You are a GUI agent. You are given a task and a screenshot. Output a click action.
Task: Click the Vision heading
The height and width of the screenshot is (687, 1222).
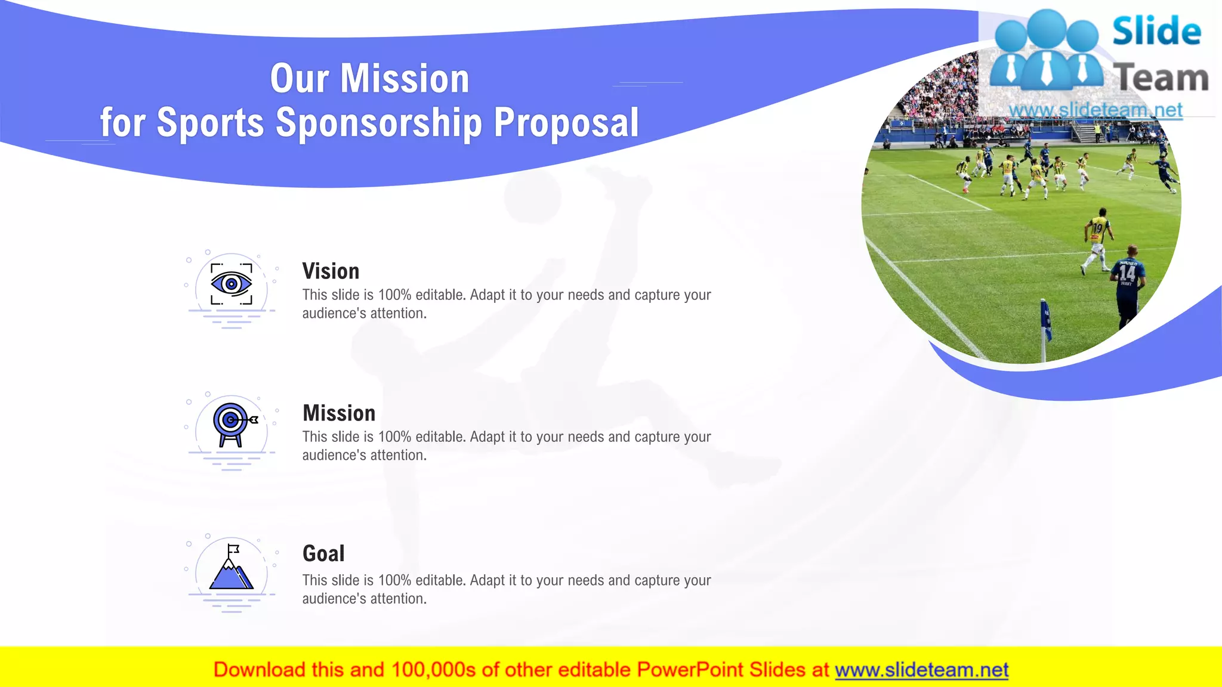(331, 271)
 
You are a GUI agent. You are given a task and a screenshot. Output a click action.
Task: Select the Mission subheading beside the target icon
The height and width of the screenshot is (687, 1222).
(339, 413)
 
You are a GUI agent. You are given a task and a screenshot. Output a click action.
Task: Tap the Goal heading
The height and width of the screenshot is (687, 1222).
(323, 554)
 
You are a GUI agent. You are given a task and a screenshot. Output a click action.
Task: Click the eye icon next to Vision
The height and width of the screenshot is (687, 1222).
(232, 284)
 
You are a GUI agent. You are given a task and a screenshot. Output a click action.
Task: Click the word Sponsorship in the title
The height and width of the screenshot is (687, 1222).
(379, 123)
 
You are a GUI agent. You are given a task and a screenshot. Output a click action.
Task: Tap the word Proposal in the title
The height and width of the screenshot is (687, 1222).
(566, 123)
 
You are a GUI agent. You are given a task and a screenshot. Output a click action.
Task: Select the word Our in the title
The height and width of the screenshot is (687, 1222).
(300, 79)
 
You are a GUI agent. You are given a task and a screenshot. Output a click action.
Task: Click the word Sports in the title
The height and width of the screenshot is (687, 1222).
(210, 123)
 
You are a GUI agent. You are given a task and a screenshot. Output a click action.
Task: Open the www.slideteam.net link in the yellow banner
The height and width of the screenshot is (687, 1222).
(921, 670)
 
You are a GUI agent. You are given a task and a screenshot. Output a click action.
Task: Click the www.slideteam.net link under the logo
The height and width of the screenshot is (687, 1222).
(1096, 110)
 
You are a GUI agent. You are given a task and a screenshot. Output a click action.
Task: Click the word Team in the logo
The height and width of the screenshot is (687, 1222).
(1161, 78)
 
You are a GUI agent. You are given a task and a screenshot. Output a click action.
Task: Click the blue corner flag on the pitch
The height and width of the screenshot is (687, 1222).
(1045, 322)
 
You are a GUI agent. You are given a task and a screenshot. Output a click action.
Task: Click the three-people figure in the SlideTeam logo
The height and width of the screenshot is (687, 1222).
(1047, 51)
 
